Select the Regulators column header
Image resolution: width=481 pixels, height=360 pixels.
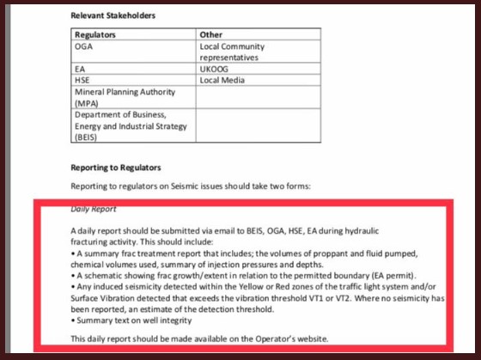pyautogui.click(x=94, y=35)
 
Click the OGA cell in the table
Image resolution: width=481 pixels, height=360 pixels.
pyautogui.click(x=83, y=46)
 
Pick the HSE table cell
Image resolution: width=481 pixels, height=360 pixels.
pyautogui.click(x=82, y=81)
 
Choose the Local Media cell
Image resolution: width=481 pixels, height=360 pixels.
pyautogui.click(x=222, y=81)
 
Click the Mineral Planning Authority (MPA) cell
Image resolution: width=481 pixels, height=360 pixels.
pyautogui.click(x=125, y=97)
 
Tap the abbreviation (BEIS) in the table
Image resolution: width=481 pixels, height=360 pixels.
pyautogui.click(x=86, y=137)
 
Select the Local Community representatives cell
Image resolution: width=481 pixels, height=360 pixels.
pyautogui.click(x=231, y=52)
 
